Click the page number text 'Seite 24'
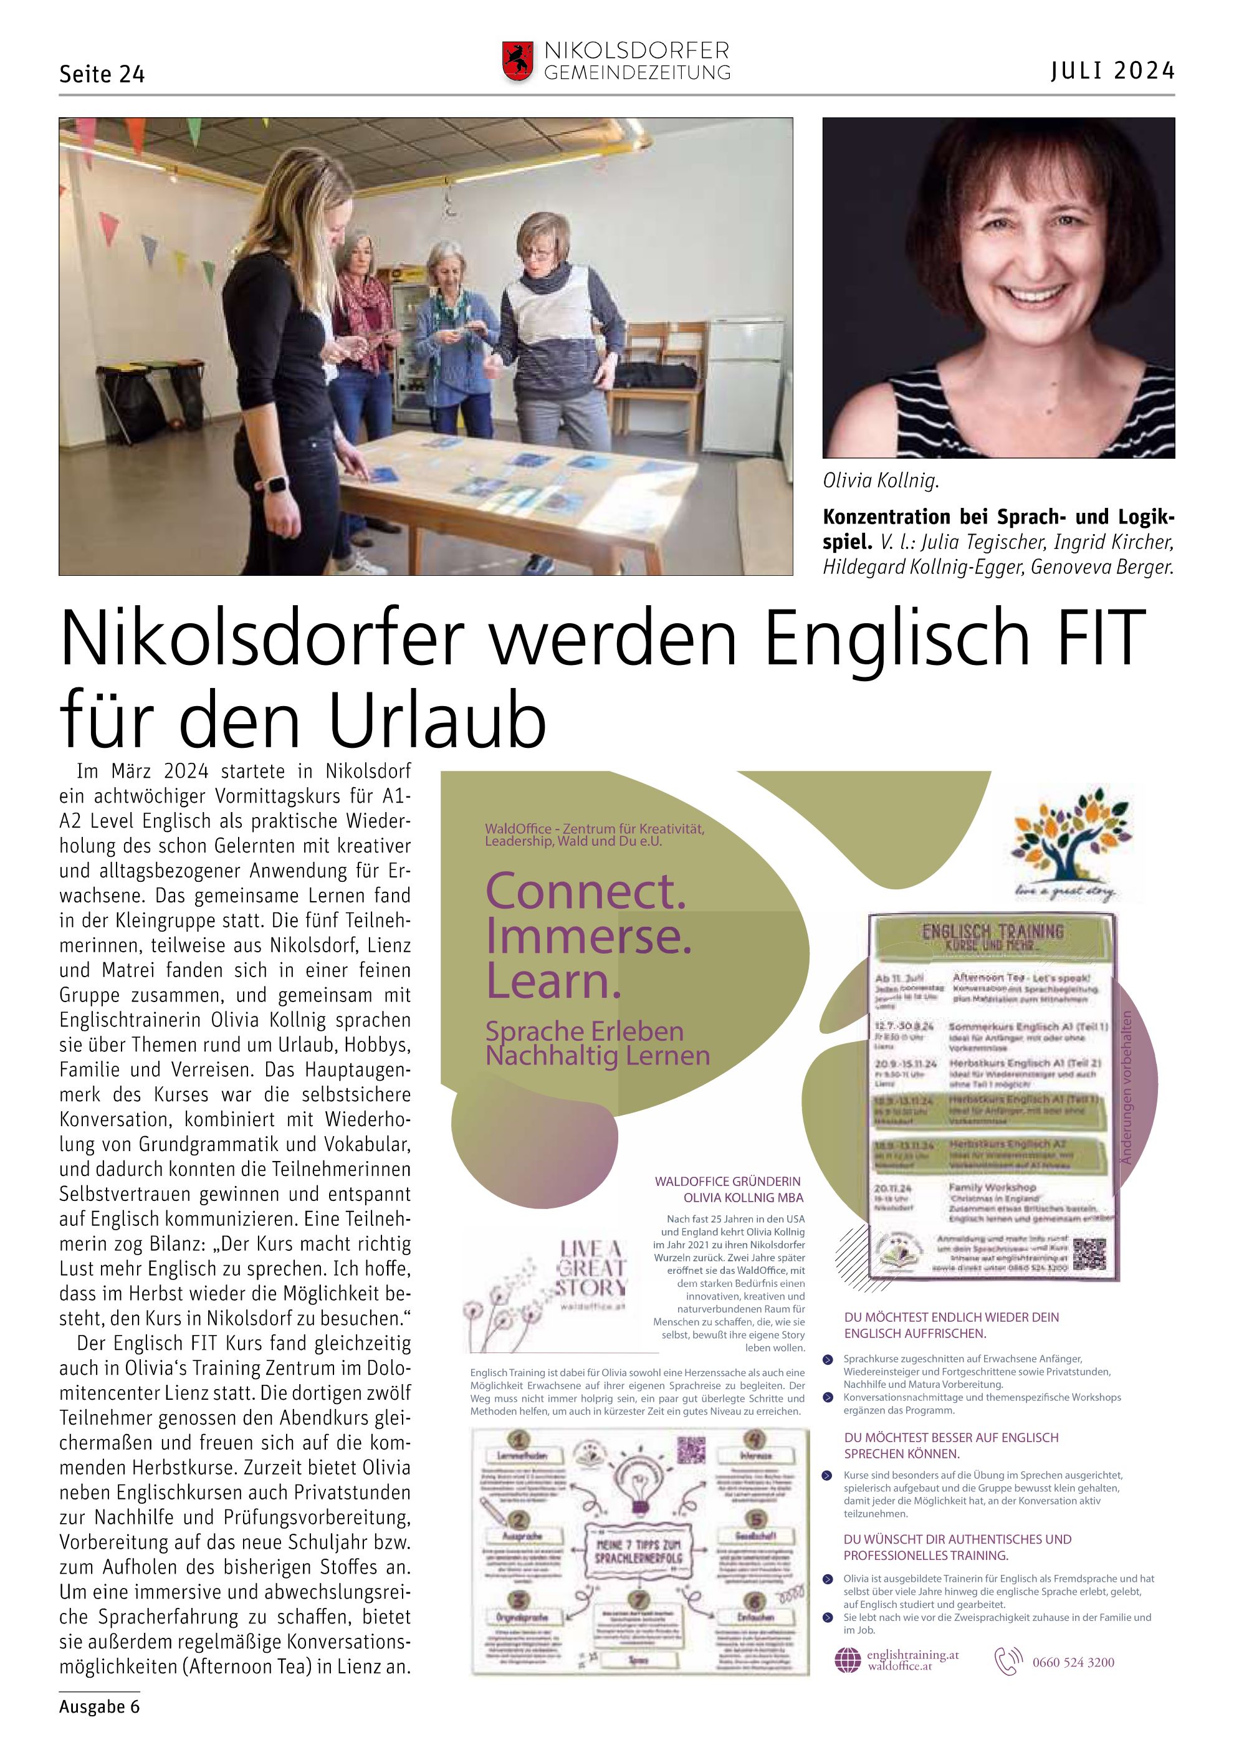tap(102, 74)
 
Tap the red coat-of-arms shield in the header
tap(517, 61)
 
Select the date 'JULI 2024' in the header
tap(1112, 70)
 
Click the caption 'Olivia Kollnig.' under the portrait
tap(881, 480)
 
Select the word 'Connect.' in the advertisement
tap(586, 891)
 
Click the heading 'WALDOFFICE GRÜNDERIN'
tap(727, 1181)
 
